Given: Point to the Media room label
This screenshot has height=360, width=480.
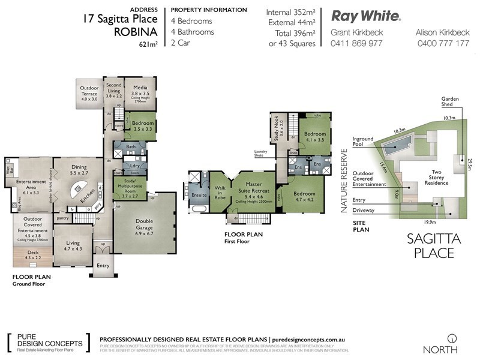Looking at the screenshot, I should [140, 89].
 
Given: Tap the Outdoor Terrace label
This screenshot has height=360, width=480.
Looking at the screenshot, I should [89, 93].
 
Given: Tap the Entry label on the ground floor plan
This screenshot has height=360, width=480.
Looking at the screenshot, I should [103, 265].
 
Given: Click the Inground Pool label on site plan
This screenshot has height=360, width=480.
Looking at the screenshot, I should [363, 142].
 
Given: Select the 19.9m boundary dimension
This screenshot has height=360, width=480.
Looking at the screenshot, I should [429, 221].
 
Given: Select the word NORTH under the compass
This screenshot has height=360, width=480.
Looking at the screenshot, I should [440, 349].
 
